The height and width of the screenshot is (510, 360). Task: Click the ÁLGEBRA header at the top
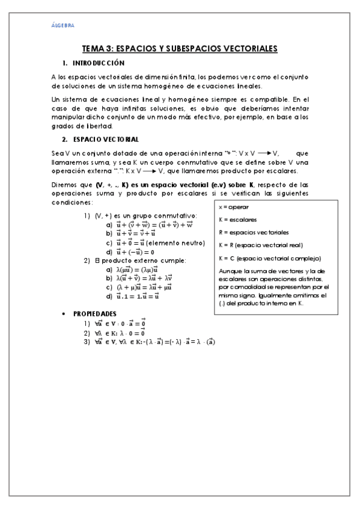(63, 25)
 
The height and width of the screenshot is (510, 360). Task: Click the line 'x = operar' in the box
(233, 206)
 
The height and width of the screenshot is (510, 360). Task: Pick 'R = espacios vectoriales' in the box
(249, 232)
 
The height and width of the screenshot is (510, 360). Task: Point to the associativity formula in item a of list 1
(154, 224)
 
